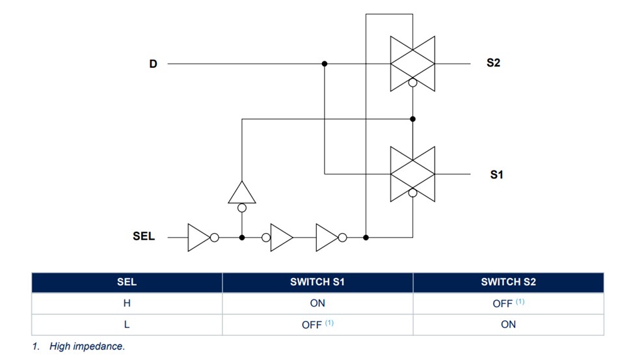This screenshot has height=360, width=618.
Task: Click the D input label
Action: click(x=154, y=64)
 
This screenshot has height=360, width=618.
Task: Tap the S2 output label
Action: click(x=493, y=63)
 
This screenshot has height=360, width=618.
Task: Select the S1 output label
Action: click(x=496, y=174)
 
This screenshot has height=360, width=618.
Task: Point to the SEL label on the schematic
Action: click(x=144, y=236)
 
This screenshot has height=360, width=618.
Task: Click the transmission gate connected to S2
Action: click(x=412, y=63)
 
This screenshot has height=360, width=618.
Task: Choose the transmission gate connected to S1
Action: click(x=412, y=174)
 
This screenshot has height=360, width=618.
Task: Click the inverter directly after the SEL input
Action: click(x=199, y=238)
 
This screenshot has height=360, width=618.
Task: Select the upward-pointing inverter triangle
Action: click(x=242, y=193)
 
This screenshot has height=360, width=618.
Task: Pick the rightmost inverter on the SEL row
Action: click(x=329, y=238)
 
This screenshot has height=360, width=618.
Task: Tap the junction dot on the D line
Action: click(x=325, y=64)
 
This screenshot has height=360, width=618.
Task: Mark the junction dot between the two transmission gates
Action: click(x=412, y=119)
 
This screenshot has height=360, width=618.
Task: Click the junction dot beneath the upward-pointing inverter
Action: click(x=242, y=238)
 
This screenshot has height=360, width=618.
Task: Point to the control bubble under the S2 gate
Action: click(x=412, y=83)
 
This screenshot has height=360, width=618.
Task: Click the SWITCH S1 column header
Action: click(x=317, y=282)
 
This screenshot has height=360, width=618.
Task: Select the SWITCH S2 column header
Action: click(x=508, y=282)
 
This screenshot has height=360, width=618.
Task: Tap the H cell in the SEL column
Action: click(x=126, y=303)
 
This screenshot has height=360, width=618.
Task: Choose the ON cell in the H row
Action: click(x=317, y=303)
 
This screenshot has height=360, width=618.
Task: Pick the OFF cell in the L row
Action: click(x=312, y=325)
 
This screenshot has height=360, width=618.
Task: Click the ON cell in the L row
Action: click(x=508, y=324)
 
